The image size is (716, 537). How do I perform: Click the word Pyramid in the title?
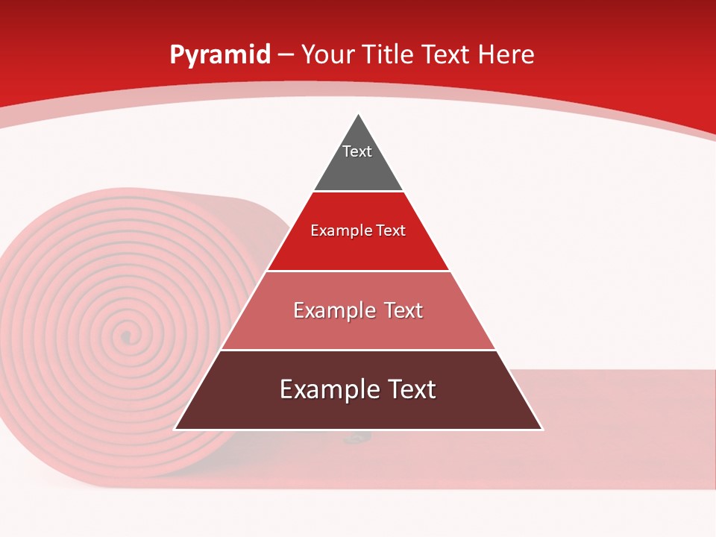pos(219,55)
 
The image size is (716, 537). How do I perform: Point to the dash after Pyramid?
pos(286,55)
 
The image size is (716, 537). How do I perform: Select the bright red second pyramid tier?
pos(358,250)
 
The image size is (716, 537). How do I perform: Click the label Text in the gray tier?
pos(357,151)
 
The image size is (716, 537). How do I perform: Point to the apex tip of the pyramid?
pos(359,115)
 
